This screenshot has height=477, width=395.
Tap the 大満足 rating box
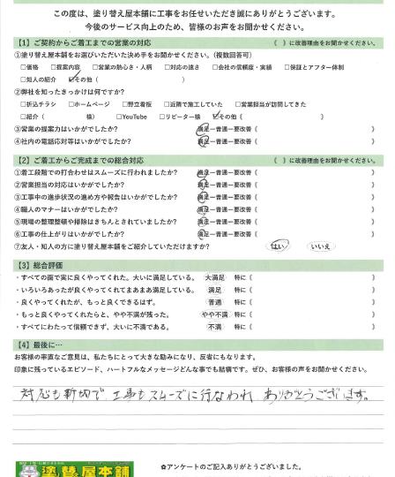(x=214, y=277)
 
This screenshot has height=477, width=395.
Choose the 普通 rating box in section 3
(x=214, y=302)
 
